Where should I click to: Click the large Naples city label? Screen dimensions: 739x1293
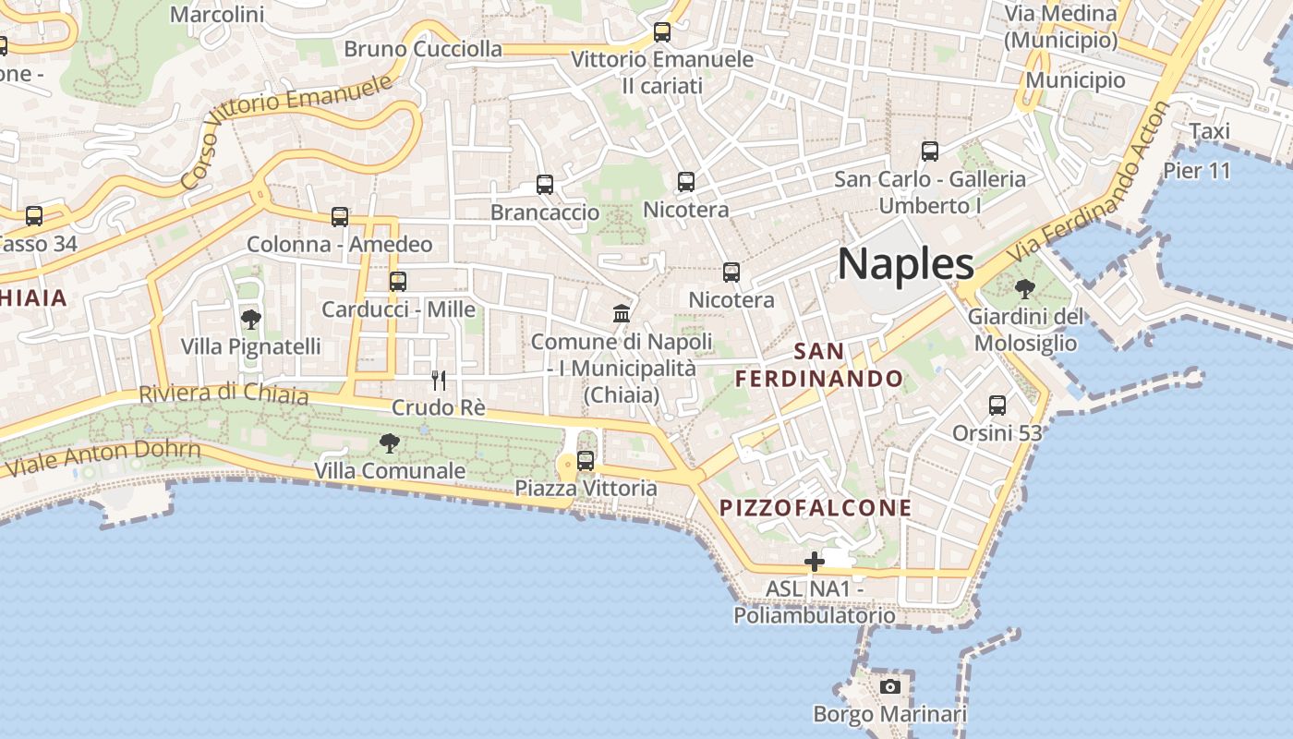[x=905, y=264]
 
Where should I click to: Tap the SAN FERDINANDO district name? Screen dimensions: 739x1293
[x=818, y=365]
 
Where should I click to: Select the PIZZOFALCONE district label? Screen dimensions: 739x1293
[x=816, y=507]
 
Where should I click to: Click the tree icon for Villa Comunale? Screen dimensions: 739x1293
[x=390, y=443]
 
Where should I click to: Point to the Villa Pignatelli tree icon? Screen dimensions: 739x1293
[x=250, y=320]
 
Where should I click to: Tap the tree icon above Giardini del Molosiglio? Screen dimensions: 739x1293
[x=1024, y=289]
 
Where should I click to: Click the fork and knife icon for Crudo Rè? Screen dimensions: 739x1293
[x=439, y=380]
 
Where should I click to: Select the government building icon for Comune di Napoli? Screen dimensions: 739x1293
[x=622, y=314]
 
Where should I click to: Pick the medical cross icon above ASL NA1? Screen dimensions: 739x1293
[x=814, y=561]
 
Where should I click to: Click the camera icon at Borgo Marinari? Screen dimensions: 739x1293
[x=889, y=686]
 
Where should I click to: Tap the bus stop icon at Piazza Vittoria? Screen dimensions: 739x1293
[x=586, y=460]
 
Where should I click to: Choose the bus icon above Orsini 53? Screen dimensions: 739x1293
[x=997, y=405]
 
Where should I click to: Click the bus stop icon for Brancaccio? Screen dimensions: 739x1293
[x=545, y=185]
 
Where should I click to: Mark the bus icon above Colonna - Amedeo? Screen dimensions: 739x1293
[x=340, y=217]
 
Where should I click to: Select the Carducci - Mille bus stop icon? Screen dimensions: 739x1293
[x=398, y=281]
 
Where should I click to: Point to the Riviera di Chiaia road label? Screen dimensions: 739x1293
[x=224, y=394]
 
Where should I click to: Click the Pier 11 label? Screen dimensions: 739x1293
[x=1197, y=171]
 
